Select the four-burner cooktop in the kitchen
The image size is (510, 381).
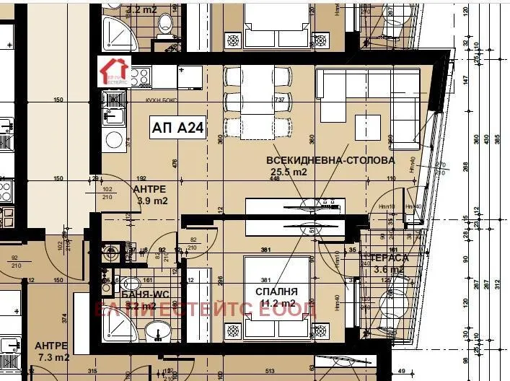pos(140,75)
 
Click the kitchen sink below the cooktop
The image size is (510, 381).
pos(113,115)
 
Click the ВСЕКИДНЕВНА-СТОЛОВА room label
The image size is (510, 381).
pos(330,159)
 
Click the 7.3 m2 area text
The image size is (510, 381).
pos(52,357)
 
